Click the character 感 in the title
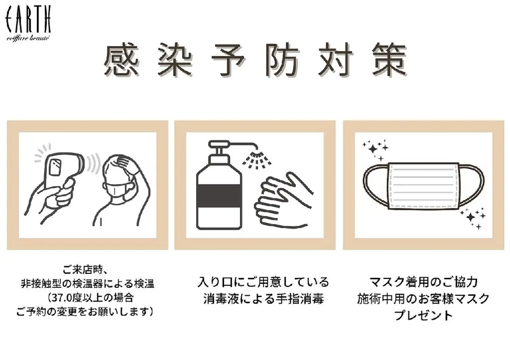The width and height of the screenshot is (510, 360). click(x=122, y=61)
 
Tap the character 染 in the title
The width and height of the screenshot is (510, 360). click(x=175, y=61)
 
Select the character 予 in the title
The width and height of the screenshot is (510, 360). click(x=229, y=61)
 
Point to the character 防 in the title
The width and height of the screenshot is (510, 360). click(x=281, y=61)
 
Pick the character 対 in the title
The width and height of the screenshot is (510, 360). click(x=335, y=61)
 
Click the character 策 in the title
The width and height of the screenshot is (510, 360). click(x=389, y=61)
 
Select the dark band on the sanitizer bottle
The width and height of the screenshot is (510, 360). click(x=219, y=195)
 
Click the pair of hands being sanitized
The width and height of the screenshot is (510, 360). click(x=282, y=200)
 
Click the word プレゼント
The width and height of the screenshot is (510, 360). click(x=423, y=315)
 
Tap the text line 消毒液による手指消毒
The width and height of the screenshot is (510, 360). click(x=264, y=298)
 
